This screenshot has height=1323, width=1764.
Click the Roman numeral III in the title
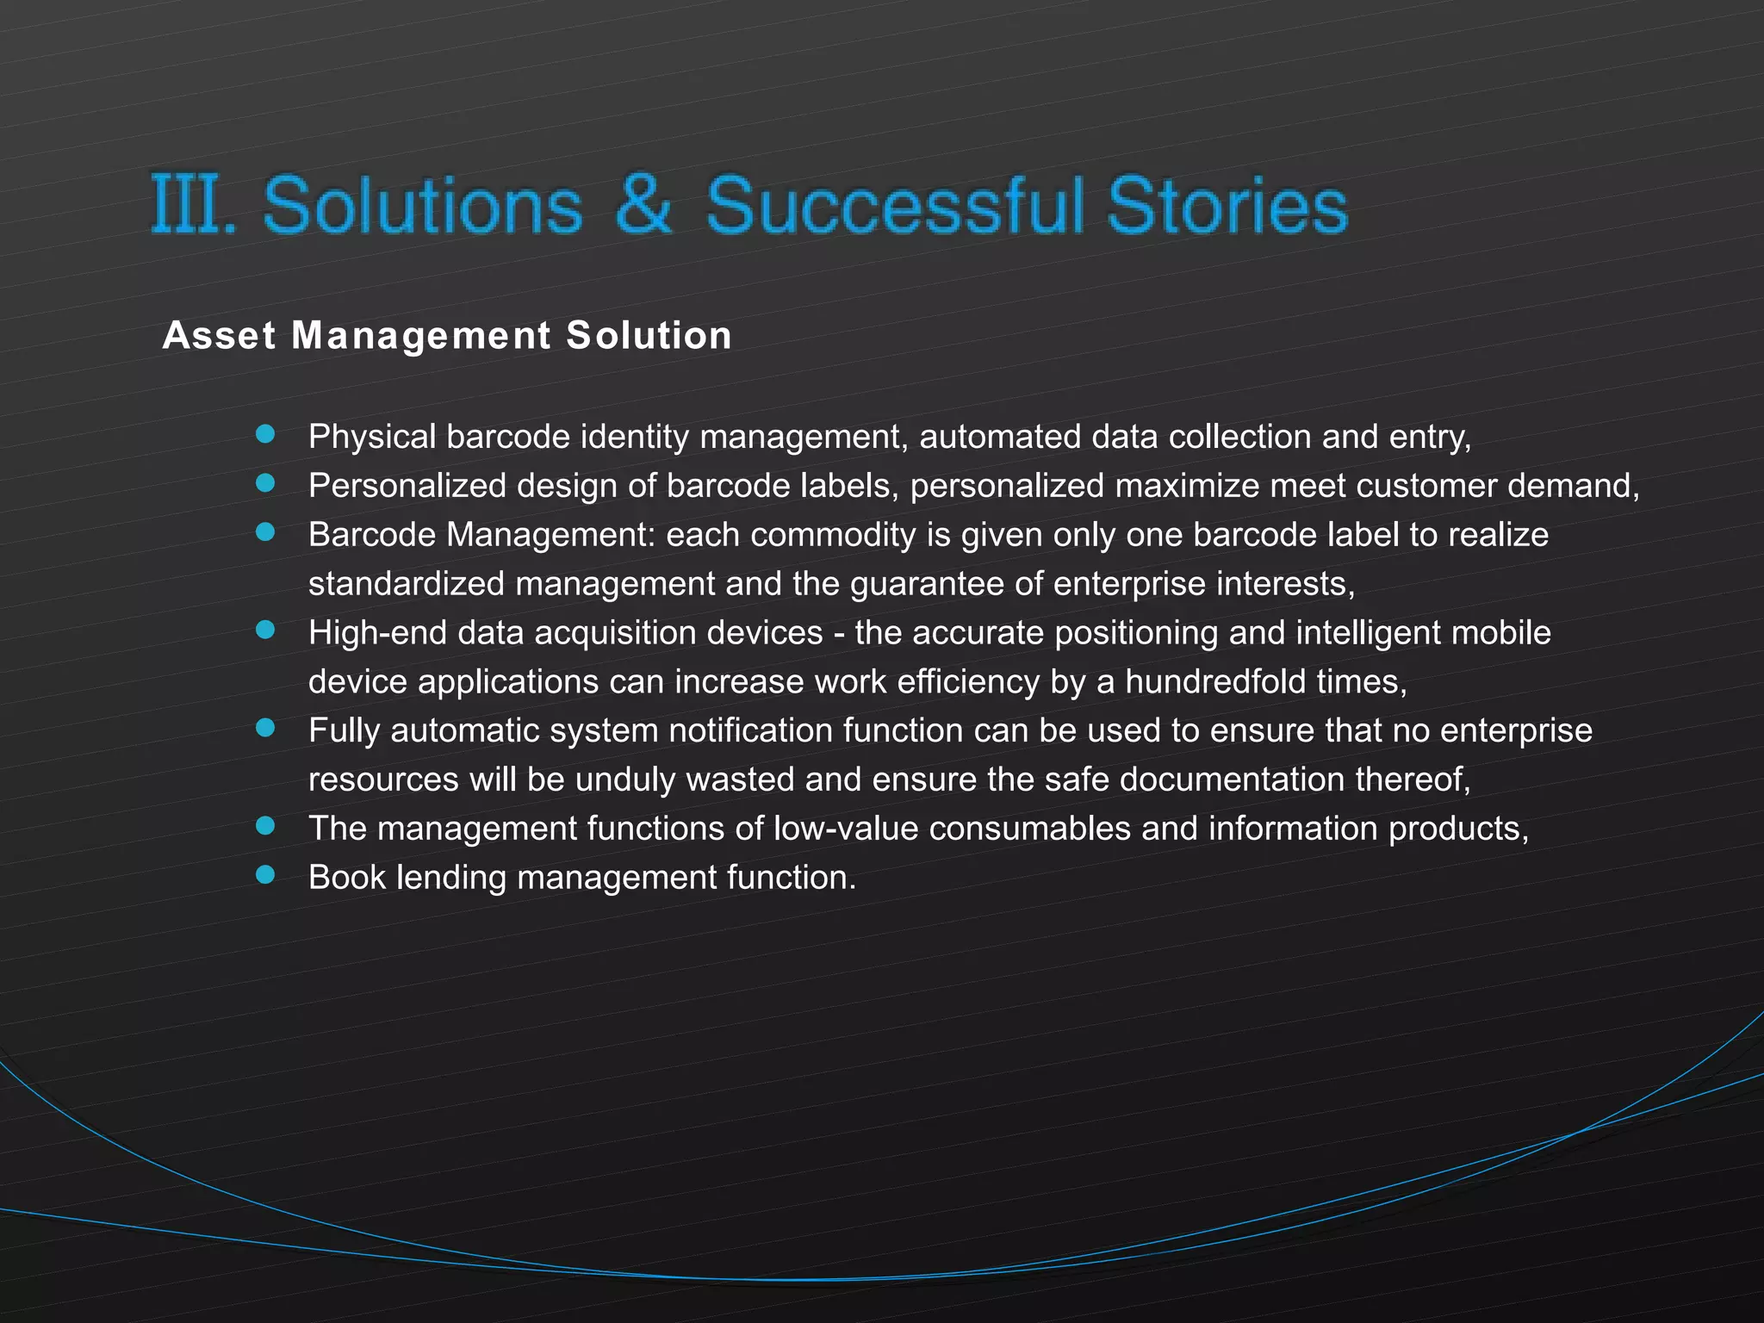(x=190, y=204)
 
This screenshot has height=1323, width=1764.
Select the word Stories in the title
(x=1227, y=205)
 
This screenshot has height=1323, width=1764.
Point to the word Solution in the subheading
(x=649, y=335)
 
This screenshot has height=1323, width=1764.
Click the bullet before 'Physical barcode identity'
(x=265, y=434)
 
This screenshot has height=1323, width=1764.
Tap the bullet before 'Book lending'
(x=265, y=875)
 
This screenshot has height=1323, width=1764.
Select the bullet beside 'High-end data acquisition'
(x=265, y=630)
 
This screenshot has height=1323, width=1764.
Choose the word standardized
(x=406, y=584)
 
